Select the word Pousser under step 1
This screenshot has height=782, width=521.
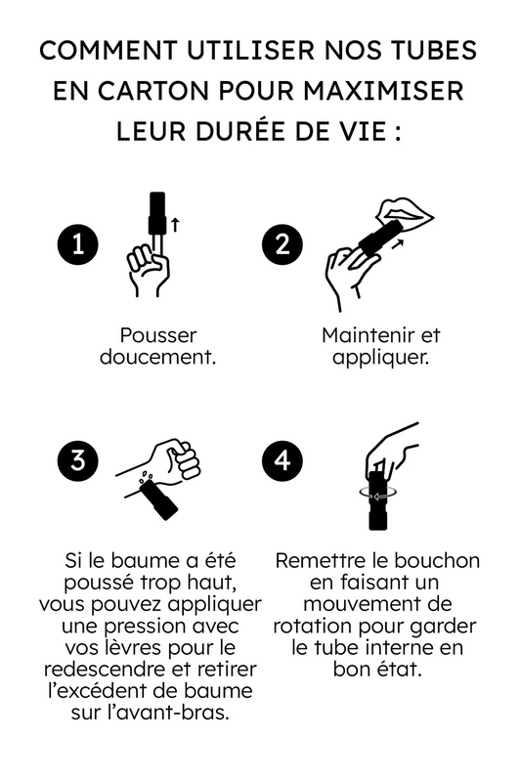(158, 335)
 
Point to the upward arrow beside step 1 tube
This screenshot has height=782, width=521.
(176, 224)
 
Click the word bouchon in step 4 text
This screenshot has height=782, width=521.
(429, 561)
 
